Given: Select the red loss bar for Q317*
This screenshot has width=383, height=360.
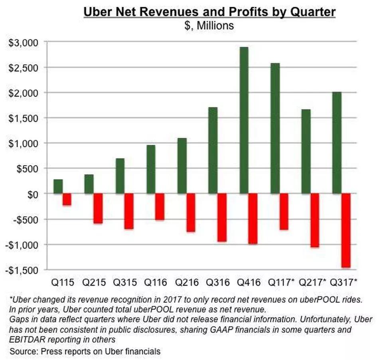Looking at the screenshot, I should click(345, 230).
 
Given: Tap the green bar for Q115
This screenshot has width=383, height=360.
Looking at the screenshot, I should click(58, 186).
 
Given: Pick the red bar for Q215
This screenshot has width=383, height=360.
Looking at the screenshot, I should click(98, 208).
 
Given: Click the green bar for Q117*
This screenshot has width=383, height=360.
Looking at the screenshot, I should click(275, 128).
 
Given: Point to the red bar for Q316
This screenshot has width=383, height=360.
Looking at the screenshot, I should click(222, 218).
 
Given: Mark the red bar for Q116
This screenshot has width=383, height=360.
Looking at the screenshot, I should click(160, 207).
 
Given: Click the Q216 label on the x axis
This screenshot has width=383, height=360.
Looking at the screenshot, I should click(187, 283).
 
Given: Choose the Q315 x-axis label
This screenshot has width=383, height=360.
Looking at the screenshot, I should click(125, 283).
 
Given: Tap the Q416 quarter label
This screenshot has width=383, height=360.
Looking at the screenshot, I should click(249, 283).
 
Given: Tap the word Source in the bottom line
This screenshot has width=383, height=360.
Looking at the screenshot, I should click(23, 351).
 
